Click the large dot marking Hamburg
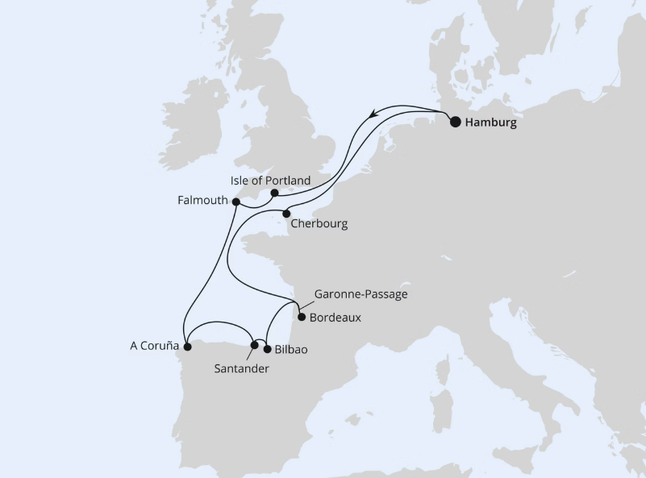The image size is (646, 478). coord(456,123)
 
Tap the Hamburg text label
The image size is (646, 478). coord(491,124)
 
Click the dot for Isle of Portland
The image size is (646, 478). coord(275,193)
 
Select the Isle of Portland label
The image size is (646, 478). coord(270,181)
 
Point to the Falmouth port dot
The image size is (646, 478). coord(235,202)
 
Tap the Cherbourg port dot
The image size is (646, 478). coord(286,214)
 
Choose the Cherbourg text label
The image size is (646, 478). coord(320,224)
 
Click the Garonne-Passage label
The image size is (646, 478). coord(361,294)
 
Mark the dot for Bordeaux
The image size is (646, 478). coord(302,318)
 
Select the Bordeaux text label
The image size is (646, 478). coord(335,318)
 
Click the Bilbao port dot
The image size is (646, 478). coord(267,350)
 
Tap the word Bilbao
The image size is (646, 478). coord(291,350)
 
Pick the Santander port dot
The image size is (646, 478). coord(255,345)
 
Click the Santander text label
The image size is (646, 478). coord(241,368)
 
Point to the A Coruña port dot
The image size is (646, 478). coord(187,347)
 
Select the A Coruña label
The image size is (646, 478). coord(153,347)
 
